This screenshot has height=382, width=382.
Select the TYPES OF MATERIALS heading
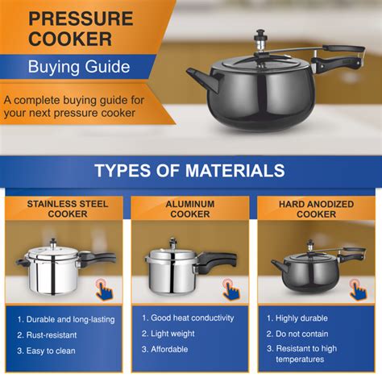pyautogui.click(x=189, y=170)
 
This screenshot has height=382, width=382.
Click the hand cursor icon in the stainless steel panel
pyautogui.click(x=105, y=288)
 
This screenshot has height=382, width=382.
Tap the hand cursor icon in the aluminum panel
pyautogui.click(x=230, y=288)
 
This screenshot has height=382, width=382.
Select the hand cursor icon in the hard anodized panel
pyautogui.click(x=356, y=288)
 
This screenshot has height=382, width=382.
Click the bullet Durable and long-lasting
pyautogui.click(x=69, y=319)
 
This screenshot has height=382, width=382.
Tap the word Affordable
pyautogui.click(x=174, y=349)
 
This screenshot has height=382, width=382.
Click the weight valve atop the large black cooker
pyautogui.click(x=261, y=38)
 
